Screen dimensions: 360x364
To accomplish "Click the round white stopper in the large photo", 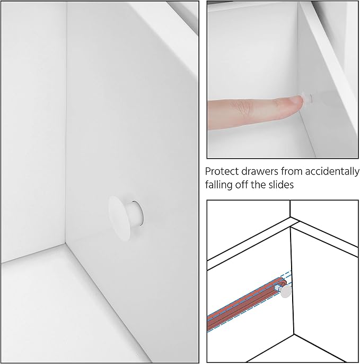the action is point(125,218).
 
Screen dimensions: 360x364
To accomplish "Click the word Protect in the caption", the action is point(218,171).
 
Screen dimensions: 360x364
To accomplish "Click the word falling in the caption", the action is point(219,185).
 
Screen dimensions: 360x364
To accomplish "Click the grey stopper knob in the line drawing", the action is point(285,291).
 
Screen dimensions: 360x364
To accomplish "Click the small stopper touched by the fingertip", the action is point(306,99).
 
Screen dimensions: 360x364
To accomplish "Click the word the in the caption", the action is point(258,185).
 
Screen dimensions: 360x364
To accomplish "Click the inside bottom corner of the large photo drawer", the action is point(65,243).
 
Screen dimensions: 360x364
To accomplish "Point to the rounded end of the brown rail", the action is point(284,281).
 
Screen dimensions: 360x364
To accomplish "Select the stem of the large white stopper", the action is point(136,213).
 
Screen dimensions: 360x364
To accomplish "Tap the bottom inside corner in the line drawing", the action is point(294,334).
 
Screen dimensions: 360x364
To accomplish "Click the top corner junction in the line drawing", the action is point(291,218).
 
